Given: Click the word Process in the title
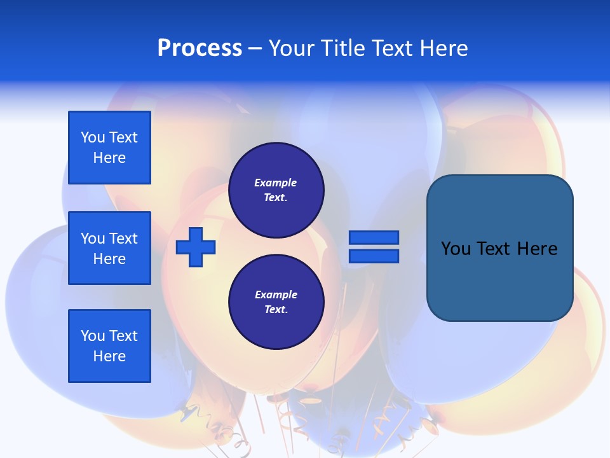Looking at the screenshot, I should (x=200, y=48).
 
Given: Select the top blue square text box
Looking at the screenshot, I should (x=109, y=148).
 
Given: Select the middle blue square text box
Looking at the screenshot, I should (x=109, y=248).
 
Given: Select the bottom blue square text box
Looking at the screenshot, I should (x=109, y=346).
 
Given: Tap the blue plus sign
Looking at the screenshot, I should (x=196, y=247).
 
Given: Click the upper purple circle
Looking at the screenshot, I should (x=276, y=190).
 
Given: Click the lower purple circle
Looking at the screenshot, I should (x=276, y=302).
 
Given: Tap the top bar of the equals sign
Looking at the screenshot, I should (x=374, y=238).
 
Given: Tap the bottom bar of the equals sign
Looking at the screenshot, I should (x=374, y=256).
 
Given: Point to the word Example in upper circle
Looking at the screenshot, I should (x=276, y=183).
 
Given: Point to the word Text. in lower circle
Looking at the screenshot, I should (x=276, y=309).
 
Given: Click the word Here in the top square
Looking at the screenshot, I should (x=109, y=158).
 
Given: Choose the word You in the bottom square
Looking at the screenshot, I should (x=93, y=336).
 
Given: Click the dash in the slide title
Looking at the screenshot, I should (x=255, y=48).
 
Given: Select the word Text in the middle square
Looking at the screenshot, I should (x=123, y=239).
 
